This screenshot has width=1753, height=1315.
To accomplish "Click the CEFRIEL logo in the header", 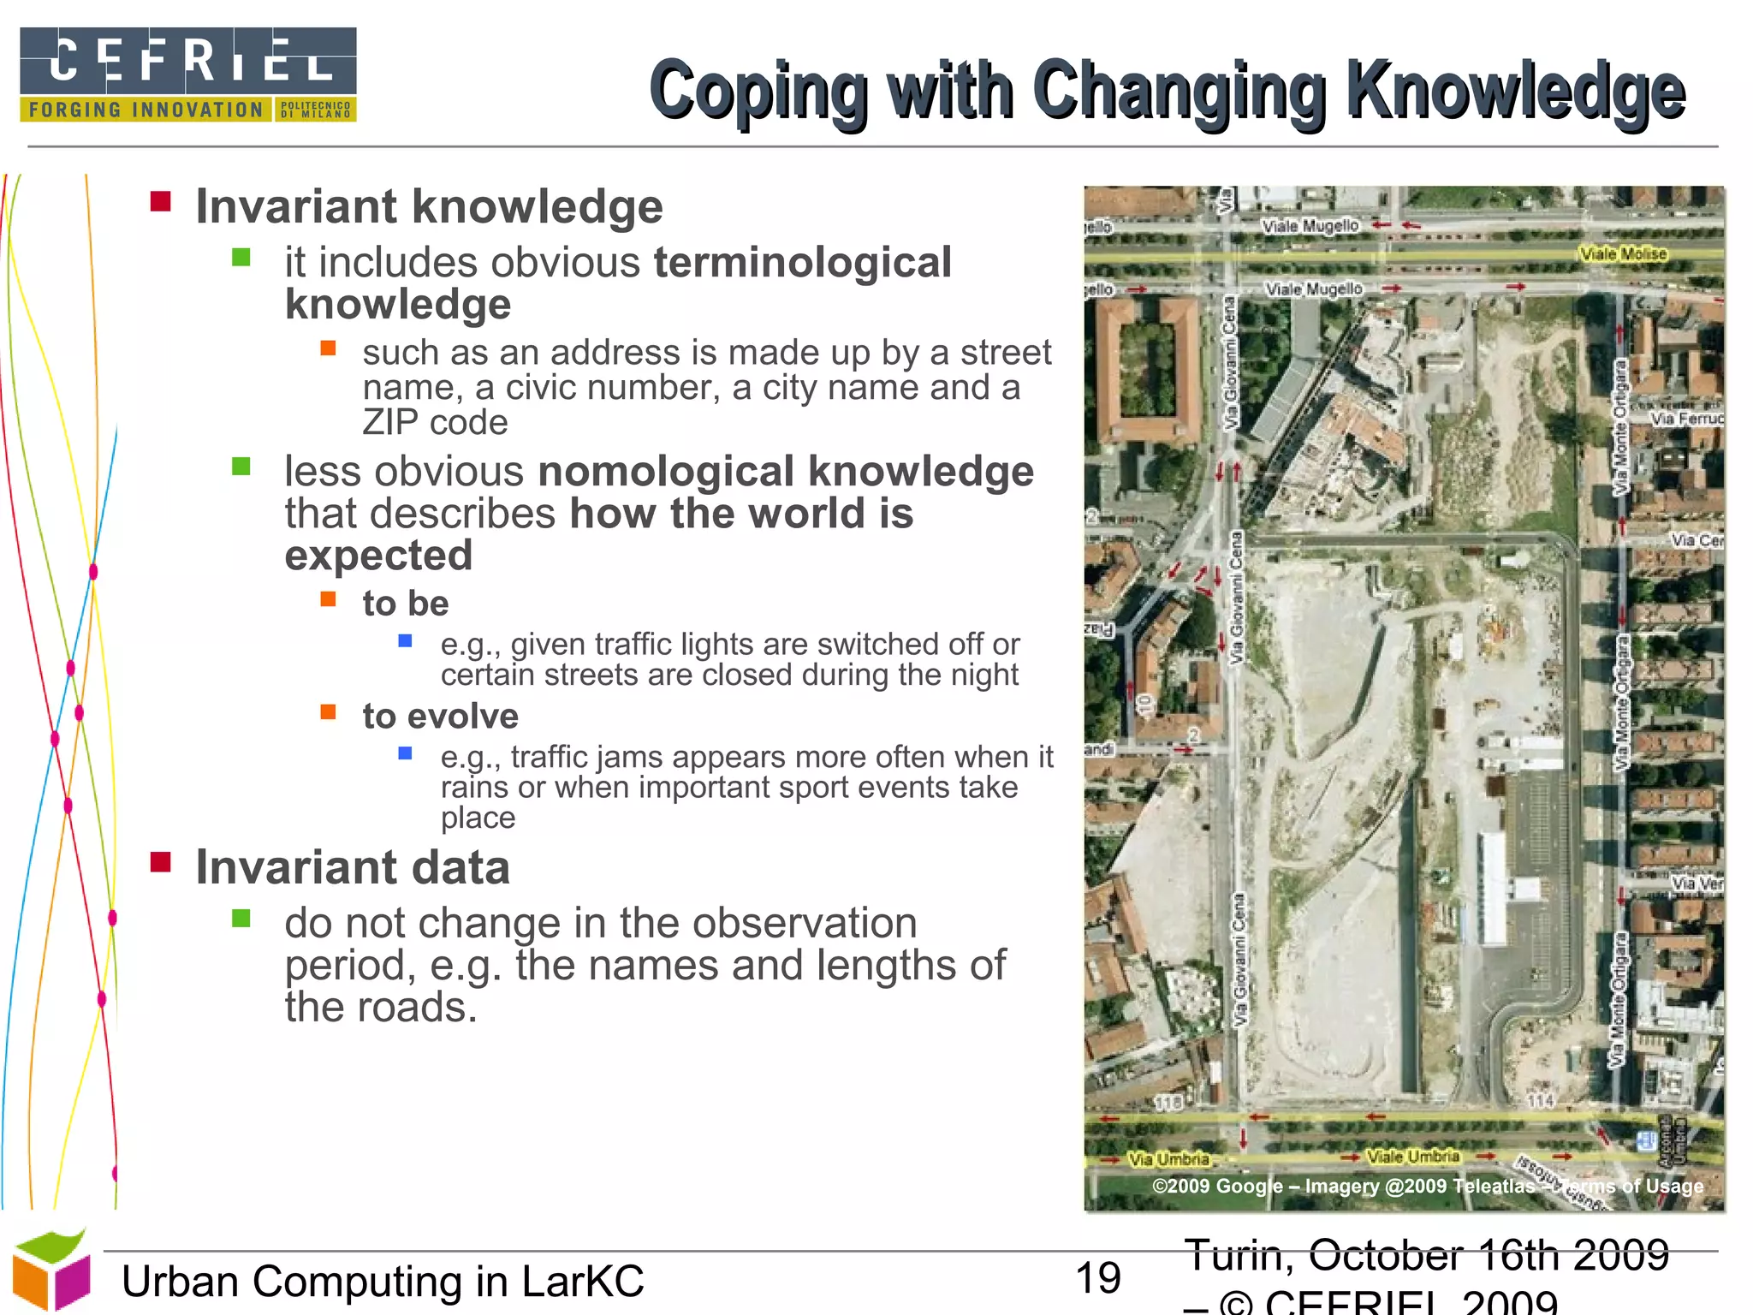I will (x=187, y=74).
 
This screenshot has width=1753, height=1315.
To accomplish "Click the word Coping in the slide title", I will (x=758, y=91).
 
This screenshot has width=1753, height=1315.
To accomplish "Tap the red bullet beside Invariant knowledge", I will (x=160, y=202).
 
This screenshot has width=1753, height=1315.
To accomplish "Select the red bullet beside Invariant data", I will (x=160, y=861).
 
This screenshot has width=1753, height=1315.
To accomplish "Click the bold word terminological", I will (x=802, y=262).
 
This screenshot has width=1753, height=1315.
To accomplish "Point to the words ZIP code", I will (x=435, y=422).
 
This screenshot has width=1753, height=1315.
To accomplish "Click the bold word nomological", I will (x=667, y=471).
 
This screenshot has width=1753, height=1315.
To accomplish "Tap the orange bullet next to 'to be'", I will (x=328, y=598).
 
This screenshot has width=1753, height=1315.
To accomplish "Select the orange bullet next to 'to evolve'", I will (x=328, y=711).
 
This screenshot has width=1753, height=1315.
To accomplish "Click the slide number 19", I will (x=1098, y=1278).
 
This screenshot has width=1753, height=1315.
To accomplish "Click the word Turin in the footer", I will (x=1239, y=1255).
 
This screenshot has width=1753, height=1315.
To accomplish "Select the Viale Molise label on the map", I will (x=1623, y=253).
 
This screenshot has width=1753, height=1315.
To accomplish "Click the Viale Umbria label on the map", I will (x=1412, y=1157).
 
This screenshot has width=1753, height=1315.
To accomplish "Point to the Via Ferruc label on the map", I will (x=1686, y=419).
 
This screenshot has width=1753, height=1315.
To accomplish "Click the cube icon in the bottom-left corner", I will (x=51, y=1270).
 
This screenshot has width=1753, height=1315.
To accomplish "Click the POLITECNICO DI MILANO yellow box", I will (x=315, y=110).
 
